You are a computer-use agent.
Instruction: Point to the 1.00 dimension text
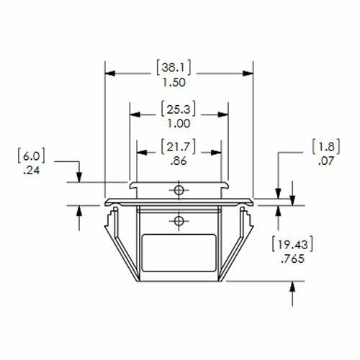tap(179, 124)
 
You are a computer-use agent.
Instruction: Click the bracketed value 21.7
tap(179, 148)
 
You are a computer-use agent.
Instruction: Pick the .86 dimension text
tap(179, 162)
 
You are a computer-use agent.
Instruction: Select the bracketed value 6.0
tap(27, 155)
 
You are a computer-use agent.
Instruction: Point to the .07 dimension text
tap(324, 162)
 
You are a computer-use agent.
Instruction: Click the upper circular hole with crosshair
tap(179, 189)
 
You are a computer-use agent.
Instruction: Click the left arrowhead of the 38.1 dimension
tap(110, 72)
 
